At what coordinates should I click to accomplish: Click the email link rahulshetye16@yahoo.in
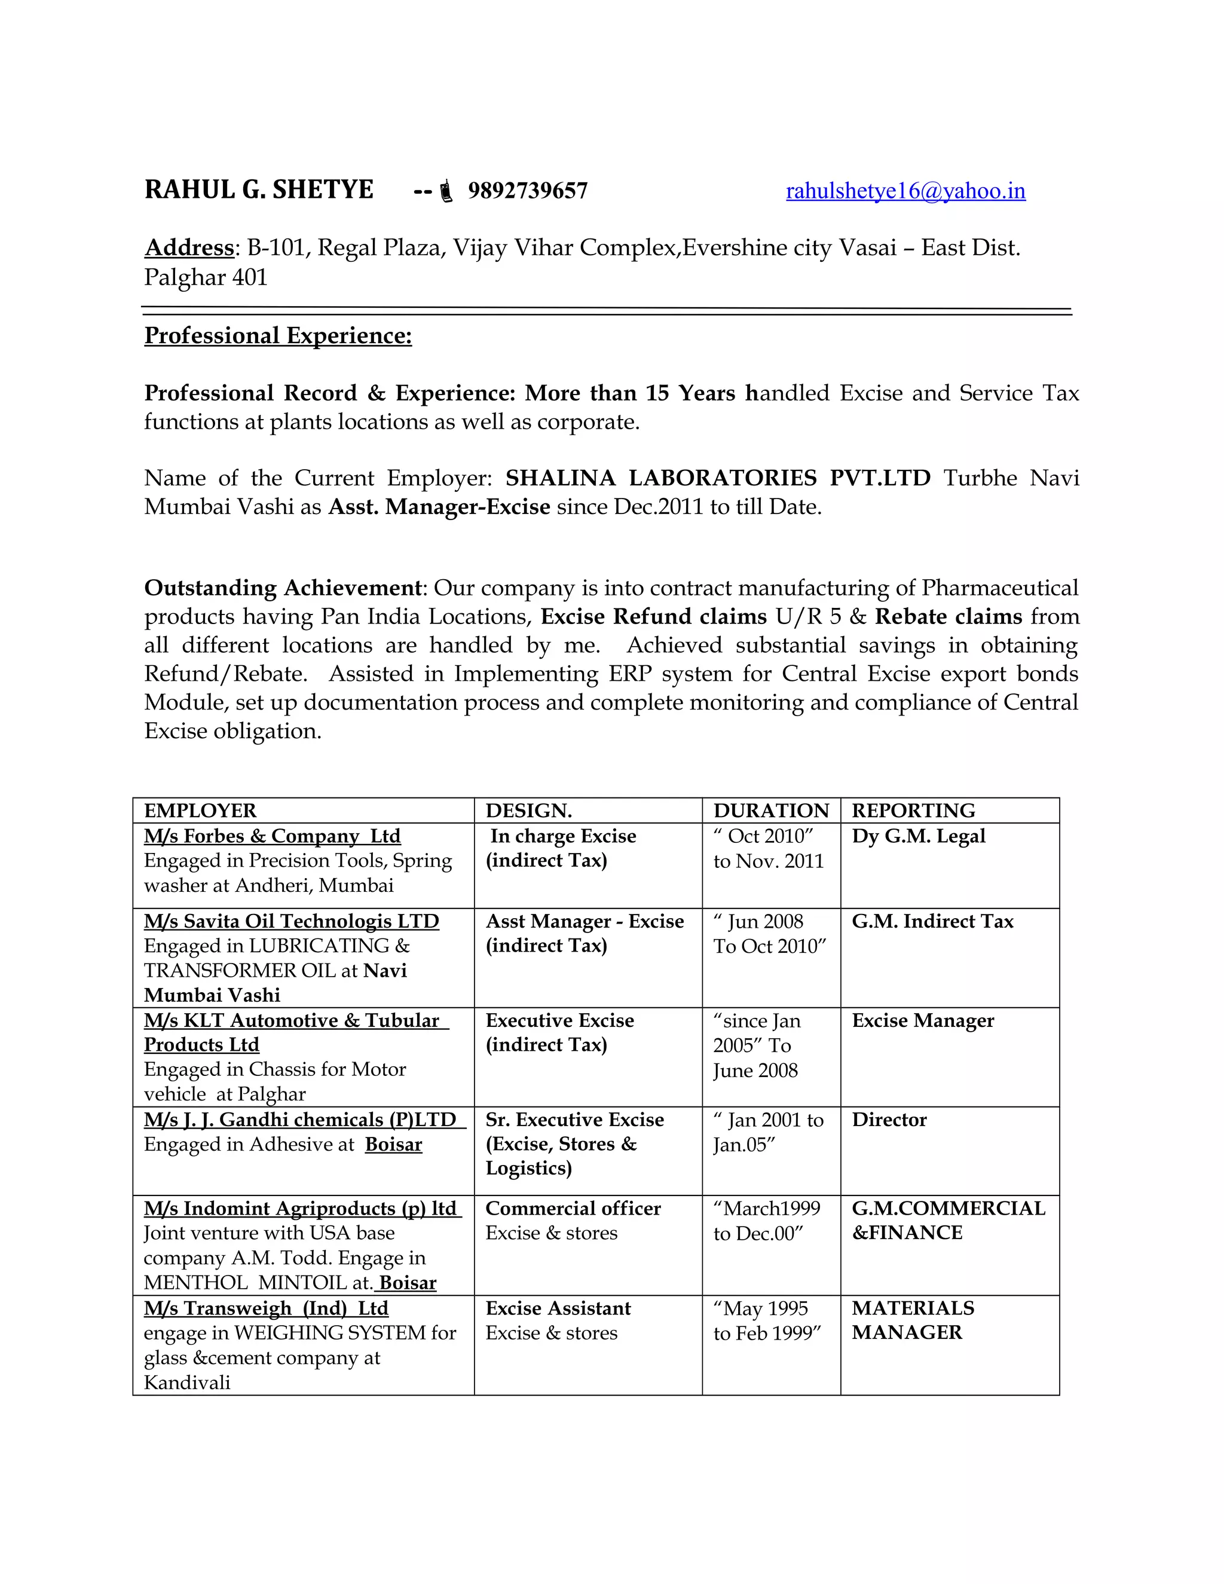905,191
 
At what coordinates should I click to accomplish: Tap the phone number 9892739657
527,191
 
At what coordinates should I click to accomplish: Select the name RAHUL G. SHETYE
259,190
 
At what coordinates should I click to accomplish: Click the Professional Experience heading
278,336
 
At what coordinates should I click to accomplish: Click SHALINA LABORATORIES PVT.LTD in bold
717,478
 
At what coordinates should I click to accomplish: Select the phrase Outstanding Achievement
282,588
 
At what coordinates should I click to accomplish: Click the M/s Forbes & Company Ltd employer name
272,836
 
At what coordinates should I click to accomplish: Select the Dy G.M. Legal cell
918,836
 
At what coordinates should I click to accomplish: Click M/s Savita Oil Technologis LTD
292,921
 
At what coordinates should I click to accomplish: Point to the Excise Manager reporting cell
922,1020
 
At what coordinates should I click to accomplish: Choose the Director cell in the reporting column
889,1120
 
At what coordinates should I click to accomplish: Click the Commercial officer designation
573,1208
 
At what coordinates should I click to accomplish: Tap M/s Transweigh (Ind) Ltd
266,1308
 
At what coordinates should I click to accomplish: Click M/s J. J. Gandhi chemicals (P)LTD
300,1120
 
